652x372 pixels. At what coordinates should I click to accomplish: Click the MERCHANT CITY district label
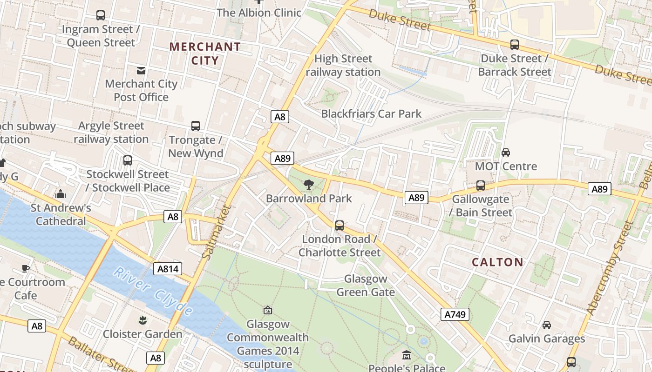pos(205,53)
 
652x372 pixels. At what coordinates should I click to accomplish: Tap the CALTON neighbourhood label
pos(497,262)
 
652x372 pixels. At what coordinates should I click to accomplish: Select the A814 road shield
pos(168,269)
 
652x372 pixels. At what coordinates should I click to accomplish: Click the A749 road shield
pos(455,314)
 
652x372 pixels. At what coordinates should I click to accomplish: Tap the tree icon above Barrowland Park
pos(308,185)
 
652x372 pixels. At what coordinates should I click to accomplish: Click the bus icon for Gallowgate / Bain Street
pos(481,186)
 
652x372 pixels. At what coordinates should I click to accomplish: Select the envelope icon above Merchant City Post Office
pos(141,71)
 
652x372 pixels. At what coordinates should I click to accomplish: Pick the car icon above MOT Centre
pos(506,152)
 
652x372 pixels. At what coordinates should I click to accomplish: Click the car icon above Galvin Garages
pos(547,325)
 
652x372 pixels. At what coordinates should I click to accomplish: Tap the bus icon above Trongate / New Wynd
pos(196,126)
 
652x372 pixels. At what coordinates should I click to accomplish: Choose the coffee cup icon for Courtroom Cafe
pos(26,268)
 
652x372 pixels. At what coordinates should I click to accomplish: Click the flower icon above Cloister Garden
pos(142,320)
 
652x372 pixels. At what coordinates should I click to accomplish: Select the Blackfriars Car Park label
pos(371,113)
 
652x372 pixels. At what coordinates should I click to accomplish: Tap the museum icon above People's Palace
pos(407,355)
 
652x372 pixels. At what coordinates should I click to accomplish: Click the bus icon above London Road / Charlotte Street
pos(340,226)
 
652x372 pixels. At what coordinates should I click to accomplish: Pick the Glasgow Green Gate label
pos(366,286)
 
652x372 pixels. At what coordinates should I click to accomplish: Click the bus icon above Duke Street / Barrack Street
pos(514,45)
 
